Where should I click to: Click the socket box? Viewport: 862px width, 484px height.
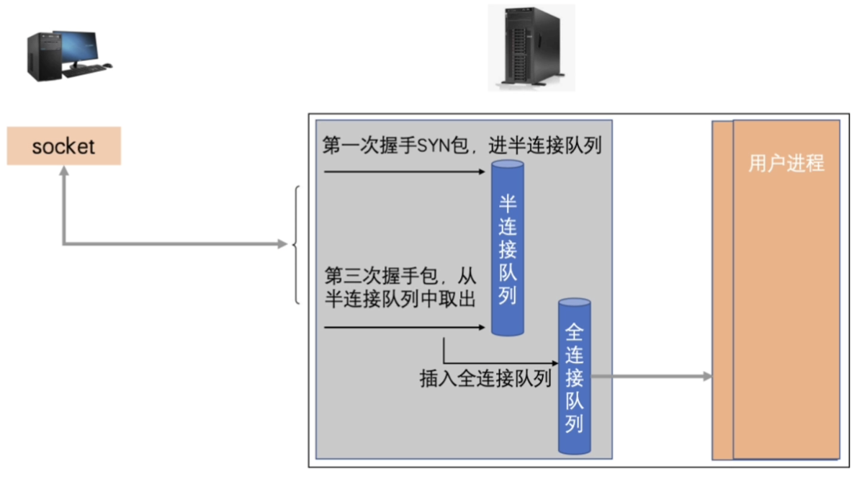click(63, 146)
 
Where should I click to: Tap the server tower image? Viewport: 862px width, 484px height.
click(531, 47)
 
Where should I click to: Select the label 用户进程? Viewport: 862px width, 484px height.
click(786, 163)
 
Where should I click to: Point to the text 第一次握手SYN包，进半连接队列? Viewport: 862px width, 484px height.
click(462, 146)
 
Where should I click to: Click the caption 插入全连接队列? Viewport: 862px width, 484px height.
click(485, 379)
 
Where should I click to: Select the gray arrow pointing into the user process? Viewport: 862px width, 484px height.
click(651, 376)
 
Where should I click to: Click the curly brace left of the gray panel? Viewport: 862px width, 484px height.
click(296, 245)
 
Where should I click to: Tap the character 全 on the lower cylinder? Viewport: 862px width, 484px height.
click(574, 332)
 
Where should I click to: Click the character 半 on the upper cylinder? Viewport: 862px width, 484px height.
click(508, 205)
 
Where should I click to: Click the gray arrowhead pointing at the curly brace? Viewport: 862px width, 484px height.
click(282, 245)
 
